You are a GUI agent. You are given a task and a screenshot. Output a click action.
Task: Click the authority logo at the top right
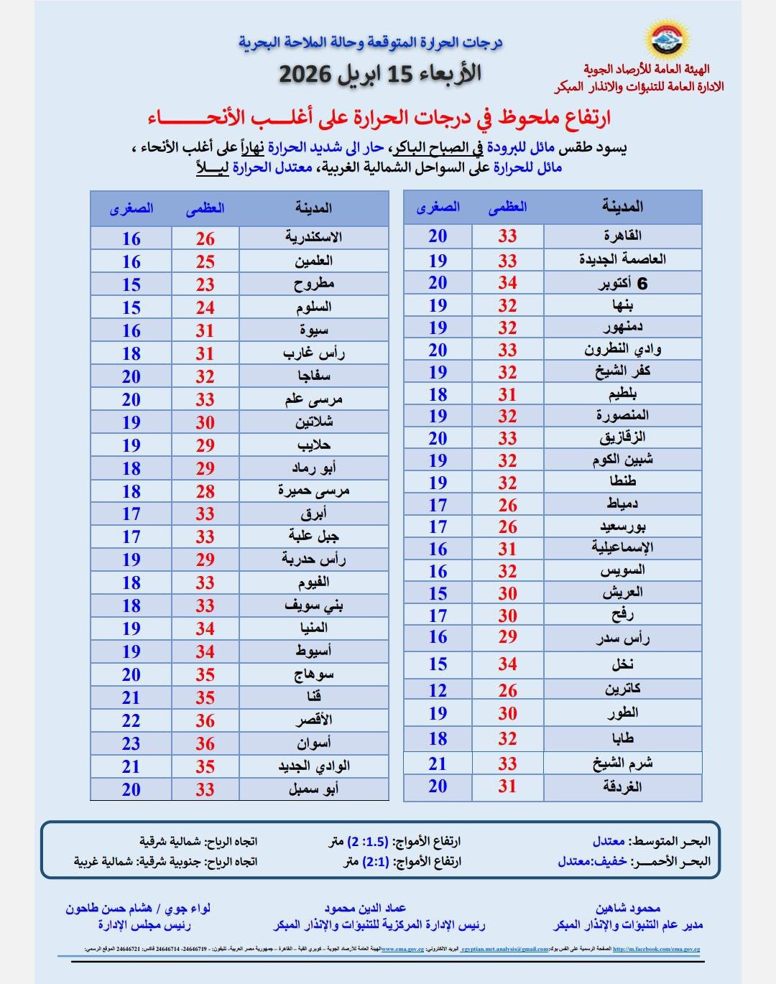668,40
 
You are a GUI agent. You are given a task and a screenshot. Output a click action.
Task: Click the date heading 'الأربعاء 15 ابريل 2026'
380,74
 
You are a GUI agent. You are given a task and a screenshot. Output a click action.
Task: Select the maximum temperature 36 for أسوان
205,743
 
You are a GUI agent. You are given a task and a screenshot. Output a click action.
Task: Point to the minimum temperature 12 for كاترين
438,690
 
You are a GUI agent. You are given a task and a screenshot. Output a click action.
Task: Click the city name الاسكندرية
313,238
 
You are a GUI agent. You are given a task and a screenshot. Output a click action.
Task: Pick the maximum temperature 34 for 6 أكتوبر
507,283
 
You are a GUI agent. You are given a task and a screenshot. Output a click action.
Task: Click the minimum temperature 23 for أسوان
131,743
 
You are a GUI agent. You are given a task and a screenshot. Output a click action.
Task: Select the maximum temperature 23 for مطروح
205,284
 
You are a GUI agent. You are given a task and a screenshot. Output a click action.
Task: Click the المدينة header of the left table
313,208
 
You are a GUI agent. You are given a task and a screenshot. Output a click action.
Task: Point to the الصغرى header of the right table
438,208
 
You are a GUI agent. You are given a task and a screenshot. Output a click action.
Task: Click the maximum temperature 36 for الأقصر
205,720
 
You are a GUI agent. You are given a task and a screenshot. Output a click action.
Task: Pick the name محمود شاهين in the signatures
627,909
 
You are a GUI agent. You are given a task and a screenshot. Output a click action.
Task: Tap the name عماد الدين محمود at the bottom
365,909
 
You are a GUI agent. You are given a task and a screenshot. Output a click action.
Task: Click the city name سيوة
313,330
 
